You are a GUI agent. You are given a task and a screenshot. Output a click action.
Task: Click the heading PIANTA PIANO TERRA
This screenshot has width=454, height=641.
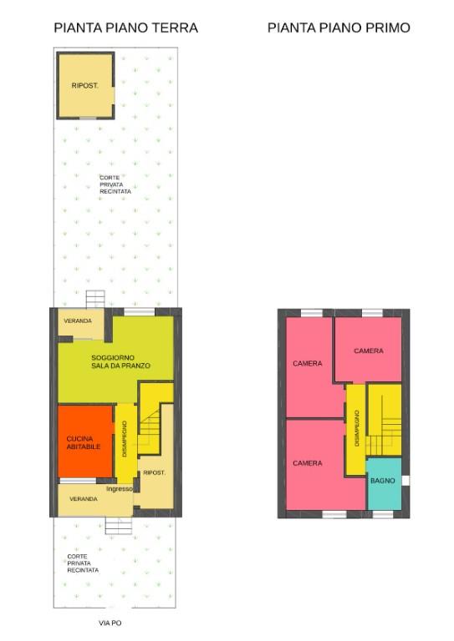pos(125,28)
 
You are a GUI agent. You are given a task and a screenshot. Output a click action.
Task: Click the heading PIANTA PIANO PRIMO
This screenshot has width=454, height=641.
pos(339,28)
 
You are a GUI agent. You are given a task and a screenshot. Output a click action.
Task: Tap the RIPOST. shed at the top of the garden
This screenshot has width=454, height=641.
pos(85,86)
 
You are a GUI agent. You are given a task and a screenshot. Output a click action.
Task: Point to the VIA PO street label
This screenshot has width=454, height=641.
pos(110,623)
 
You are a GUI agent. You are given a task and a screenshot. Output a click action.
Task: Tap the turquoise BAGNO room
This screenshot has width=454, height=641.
pos(383,482)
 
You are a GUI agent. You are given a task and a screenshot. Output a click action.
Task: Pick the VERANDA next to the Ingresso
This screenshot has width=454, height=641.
pos(82,499)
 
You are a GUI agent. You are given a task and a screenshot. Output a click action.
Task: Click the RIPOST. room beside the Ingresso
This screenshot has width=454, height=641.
pos(155,472)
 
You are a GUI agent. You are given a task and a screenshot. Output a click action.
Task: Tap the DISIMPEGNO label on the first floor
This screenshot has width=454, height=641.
pos(356,426)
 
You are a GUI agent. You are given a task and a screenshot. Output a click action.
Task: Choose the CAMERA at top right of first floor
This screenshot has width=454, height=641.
pos(368,351)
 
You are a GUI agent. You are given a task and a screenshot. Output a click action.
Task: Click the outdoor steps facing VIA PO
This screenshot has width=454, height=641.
pos(115,526)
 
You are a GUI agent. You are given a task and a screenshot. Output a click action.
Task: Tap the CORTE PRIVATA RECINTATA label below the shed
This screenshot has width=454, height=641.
pos(115,184)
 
